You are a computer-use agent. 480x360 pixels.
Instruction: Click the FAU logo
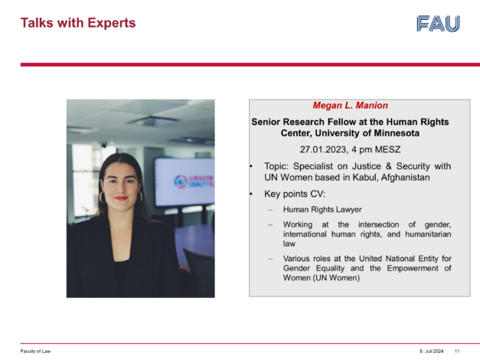click(x=438, y=24)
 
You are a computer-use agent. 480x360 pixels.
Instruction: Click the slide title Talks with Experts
click(x=78, y=23)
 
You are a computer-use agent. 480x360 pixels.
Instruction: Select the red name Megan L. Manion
click(x=350, y=106)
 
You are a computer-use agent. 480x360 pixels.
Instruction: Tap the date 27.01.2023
click(x=324, y=149)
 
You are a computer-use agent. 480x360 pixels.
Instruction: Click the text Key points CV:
click(x=295, y=194)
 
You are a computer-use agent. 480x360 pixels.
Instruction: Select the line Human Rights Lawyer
click(x=322, y=210)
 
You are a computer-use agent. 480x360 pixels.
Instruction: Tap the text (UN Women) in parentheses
click(x=336, y=278)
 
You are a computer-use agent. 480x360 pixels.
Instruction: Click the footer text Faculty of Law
click(x=35, y=351)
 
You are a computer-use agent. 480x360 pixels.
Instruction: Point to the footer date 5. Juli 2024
click(x=432, y=351)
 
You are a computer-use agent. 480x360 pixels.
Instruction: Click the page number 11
click(x=457, y=351)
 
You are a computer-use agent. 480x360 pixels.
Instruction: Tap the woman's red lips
click(x=121, y=198)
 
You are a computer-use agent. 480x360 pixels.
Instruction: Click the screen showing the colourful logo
click(x=184, y=182)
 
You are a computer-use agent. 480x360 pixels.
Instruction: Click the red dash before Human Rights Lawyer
click(x=270, y=210)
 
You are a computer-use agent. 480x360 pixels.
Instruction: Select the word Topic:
click(x=276, y=166)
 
